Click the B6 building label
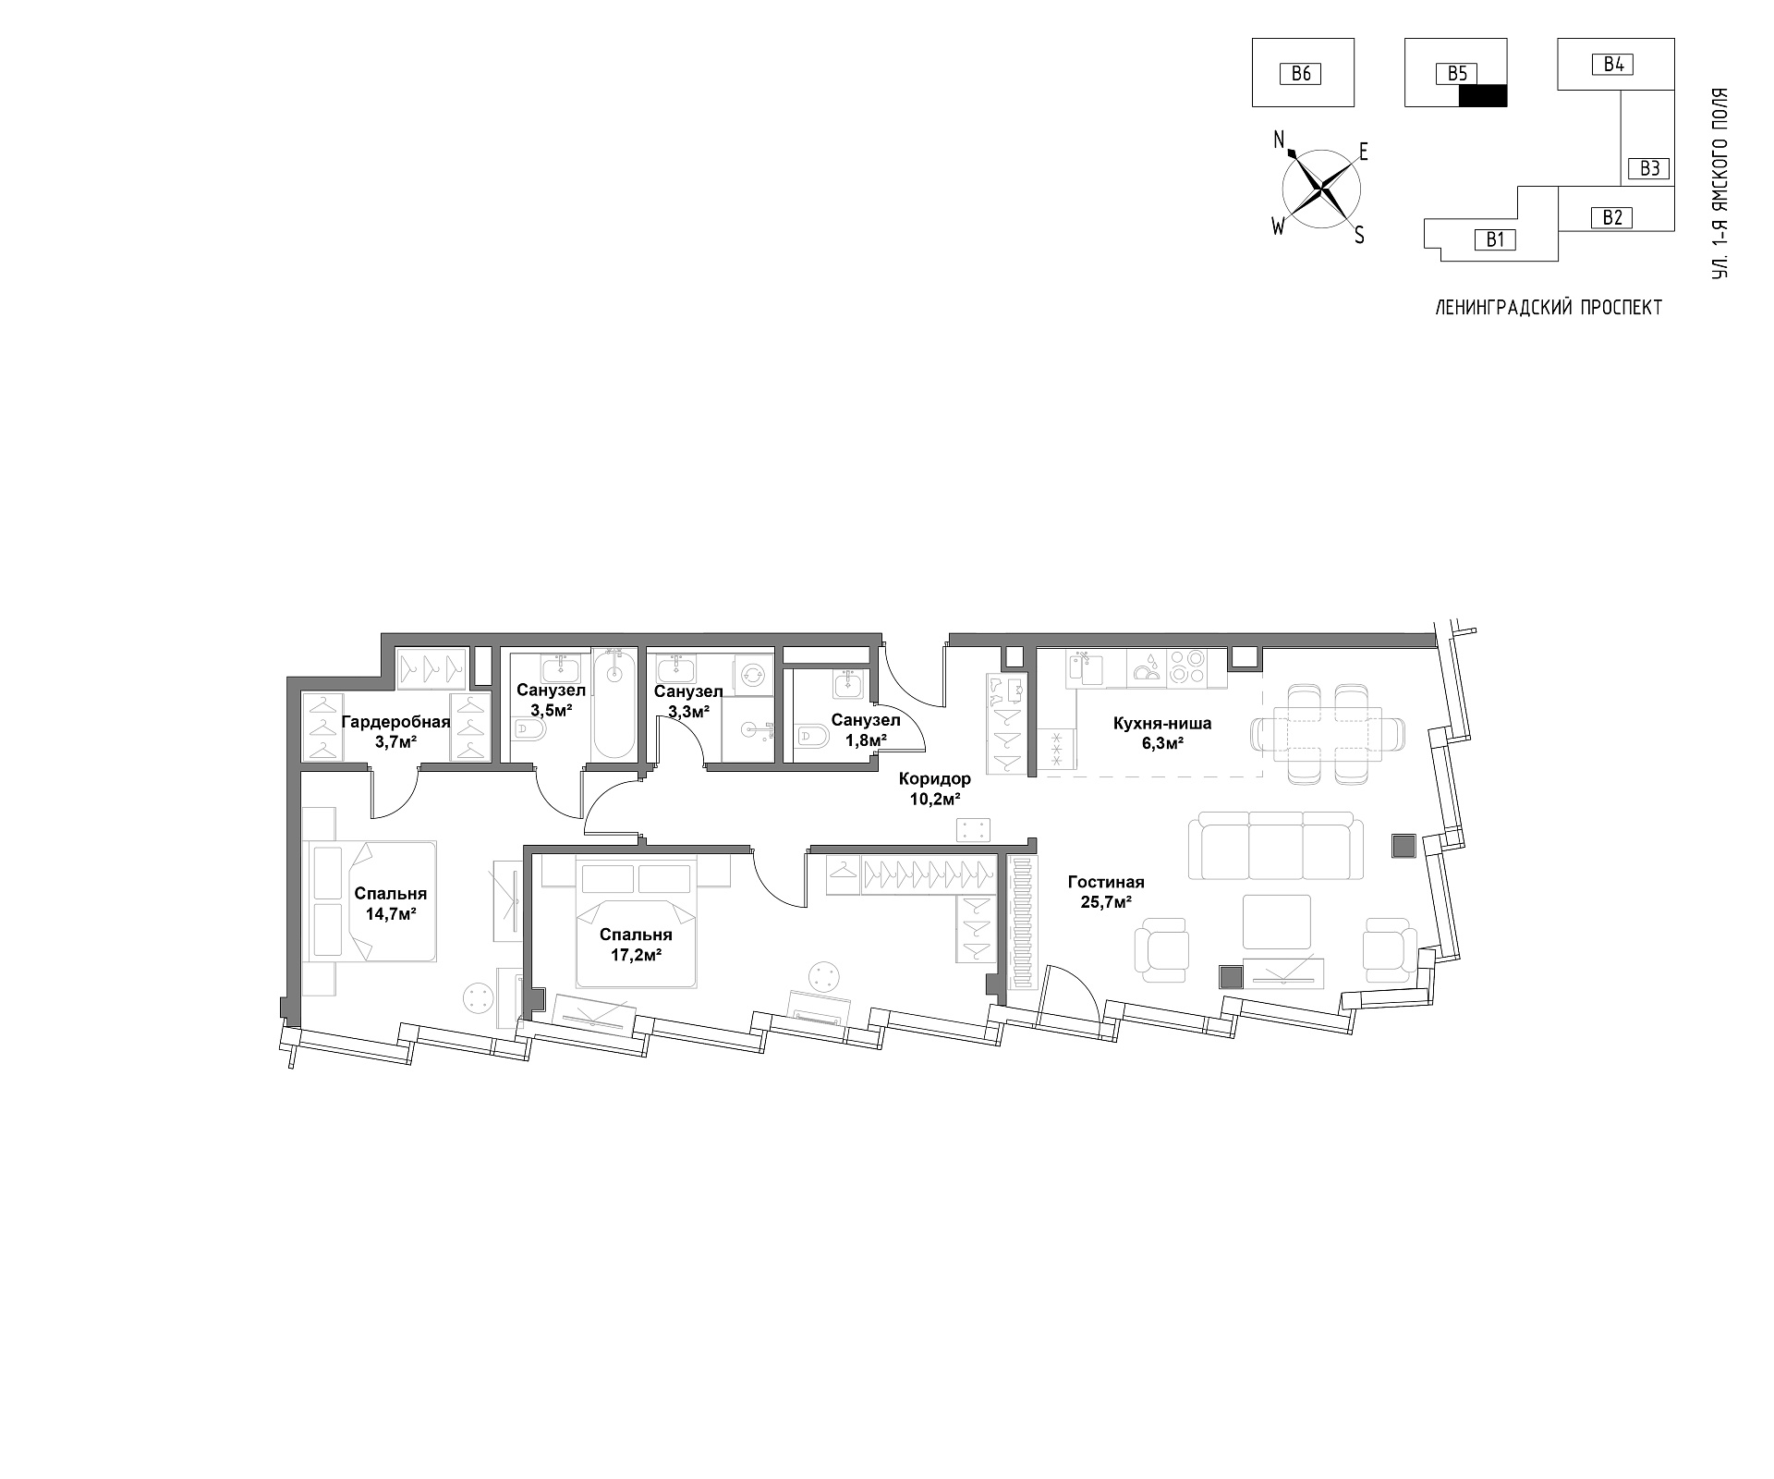click(1301, 73)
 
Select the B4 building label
click(1613, 64)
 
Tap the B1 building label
click(1496, 240)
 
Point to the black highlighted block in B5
click(1483, 95)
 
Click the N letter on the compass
click(1280, 140)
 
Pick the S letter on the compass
click(1359, 236)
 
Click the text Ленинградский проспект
click(1549, 308)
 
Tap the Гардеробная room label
click(395, 722)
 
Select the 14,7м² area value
click(390, 913)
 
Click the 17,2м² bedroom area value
click(635, 955)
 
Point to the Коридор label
click(934, 779)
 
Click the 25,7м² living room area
click(1106, 902)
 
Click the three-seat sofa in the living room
click(1276, 846)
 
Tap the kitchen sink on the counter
click(1086, 667)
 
